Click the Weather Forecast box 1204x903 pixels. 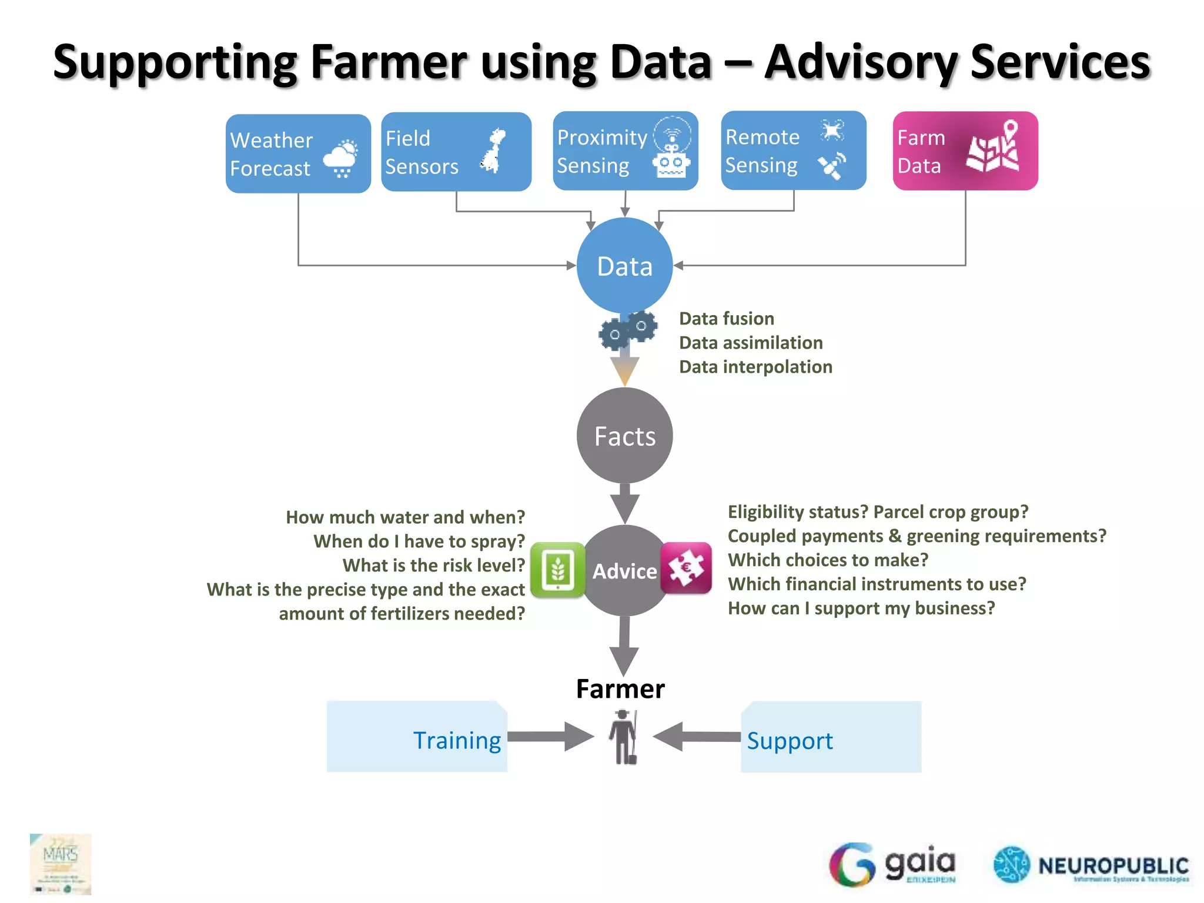click(298, 154)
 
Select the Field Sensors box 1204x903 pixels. click(456, 152)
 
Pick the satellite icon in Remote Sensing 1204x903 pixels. click(832, 166)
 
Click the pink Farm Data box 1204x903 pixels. click(965, 151)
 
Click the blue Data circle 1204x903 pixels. click(624, 266)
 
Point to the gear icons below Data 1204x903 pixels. click(628, 330)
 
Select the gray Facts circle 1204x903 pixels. click(624, 436)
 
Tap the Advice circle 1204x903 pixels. click(624, 571)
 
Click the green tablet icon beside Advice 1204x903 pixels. click(557, 570)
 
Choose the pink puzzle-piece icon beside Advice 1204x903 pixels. click(686, 568)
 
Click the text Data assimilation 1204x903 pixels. click(751, 343)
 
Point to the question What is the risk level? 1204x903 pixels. click(433, 566)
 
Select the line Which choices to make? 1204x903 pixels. click(828, 560)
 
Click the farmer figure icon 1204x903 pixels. click(623, 737)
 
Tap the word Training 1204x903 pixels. click(457, 740)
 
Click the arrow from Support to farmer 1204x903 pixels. click(697, 737)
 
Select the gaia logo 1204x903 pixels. click(892, 864)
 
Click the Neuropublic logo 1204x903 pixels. click(1091, 865)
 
